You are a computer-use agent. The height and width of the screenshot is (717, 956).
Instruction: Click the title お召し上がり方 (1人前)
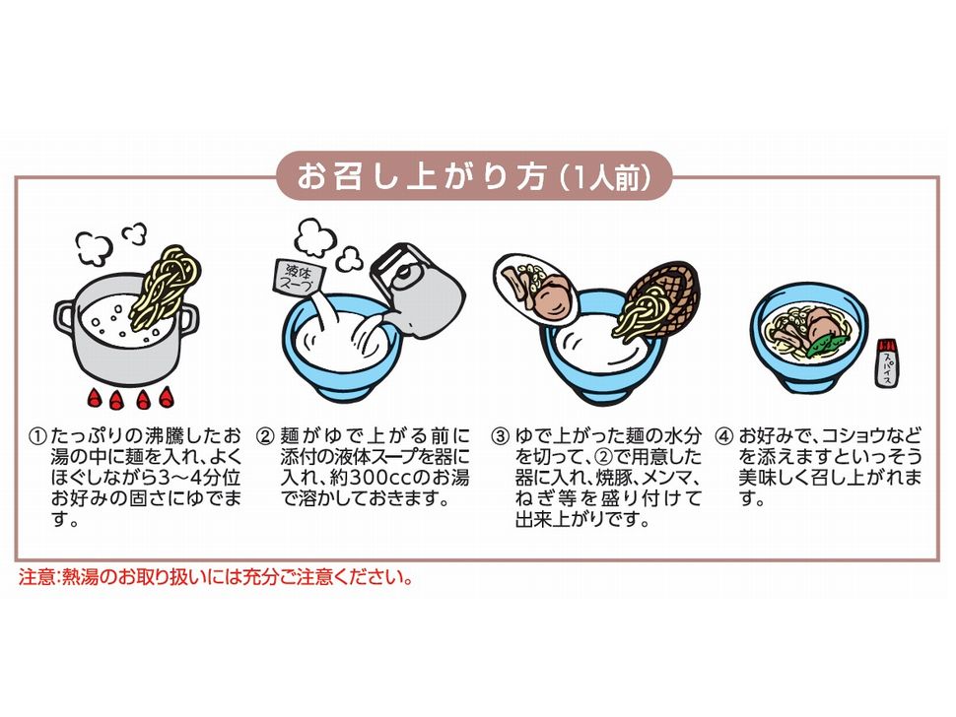click(474, 176)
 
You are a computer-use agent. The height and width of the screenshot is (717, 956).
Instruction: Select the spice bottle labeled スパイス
click(887, 363)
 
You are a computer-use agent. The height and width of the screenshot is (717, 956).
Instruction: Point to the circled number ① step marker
click(37, 436)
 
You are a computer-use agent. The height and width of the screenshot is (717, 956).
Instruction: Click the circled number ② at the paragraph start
click(266, 436)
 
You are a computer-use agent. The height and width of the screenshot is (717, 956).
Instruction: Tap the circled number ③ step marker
click(500, 436)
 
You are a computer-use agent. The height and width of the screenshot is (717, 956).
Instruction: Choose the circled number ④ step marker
click(723, 436)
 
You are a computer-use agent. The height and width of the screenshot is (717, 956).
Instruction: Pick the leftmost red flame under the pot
click(94, 399)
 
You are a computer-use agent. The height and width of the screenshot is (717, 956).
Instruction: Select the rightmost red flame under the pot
click(166, 399)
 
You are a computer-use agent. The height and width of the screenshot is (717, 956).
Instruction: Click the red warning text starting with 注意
click(216, 576)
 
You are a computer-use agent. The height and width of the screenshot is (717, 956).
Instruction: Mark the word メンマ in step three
click(667, 479)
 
